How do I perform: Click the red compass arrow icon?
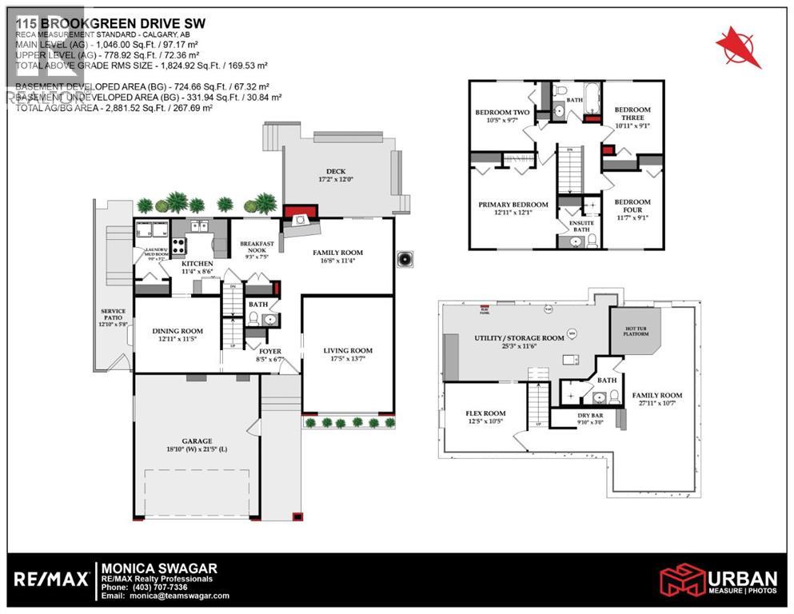738,46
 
